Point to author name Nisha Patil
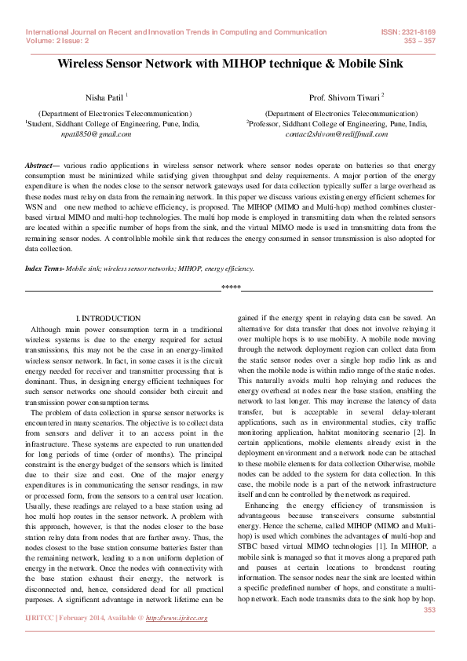(103, 97)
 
